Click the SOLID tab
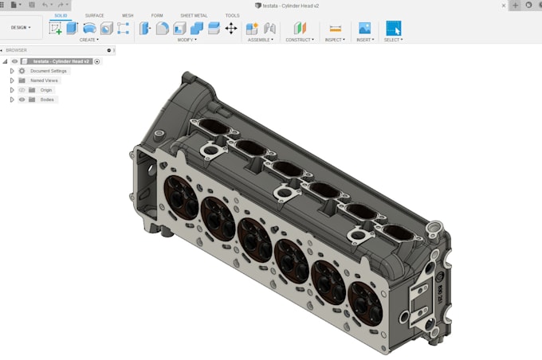(x=61, y=15)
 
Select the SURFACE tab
(x=94, y=15)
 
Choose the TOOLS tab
(x=232, y=15)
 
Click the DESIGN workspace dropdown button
(x=21, y=27)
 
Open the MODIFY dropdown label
(x=187, y=39)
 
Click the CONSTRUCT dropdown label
(x=300, y=39)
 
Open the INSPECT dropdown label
(x=335, y=39)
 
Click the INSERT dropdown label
(x=364, y=39)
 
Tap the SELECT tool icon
(x=393, y=28)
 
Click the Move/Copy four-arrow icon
(x=231, y=28)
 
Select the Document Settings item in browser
(x=49, y=71)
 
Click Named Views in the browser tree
(x=45, y=80)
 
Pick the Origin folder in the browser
(x=46, y=90)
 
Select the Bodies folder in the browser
(x=47, y=100)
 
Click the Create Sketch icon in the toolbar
(x=55, y=28)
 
